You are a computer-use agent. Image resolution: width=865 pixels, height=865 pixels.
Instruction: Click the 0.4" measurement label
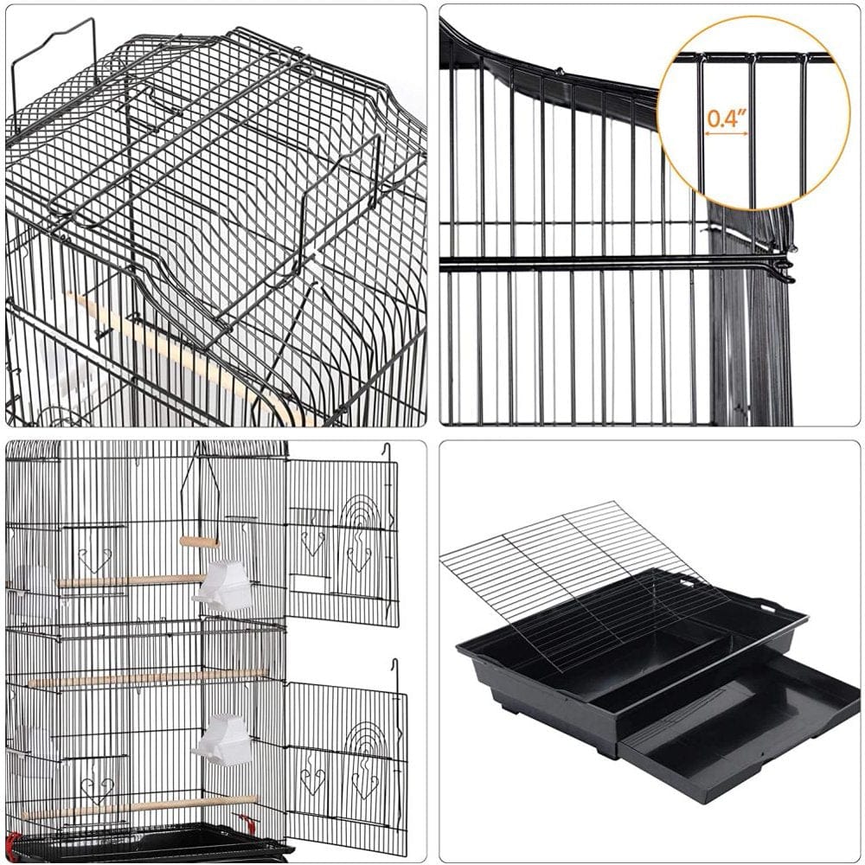(x=727, y=119)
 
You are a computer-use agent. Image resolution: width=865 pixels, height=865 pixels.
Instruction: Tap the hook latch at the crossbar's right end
(x=784, y=267)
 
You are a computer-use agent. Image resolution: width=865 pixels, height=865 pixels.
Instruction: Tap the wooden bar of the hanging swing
(x=199, y=541)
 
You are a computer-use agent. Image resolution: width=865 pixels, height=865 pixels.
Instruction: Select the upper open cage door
(x=343, y=541)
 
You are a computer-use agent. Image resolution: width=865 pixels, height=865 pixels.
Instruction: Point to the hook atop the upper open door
(x=386, y=451)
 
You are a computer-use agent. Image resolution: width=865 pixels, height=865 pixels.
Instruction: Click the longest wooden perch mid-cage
(x=147, y=678)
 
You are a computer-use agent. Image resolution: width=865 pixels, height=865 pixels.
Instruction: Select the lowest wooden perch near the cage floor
(x=138, y=808)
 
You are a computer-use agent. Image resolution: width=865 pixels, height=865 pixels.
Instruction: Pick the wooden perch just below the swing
(x=130, y=580)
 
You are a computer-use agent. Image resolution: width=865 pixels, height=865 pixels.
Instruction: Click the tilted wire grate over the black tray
(x=571, y=571)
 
